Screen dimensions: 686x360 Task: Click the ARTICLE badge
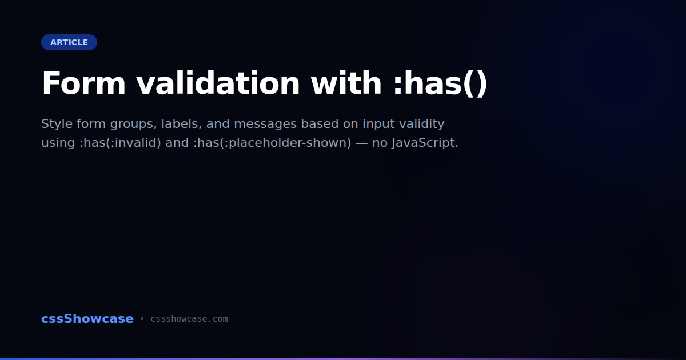pyautogui.click(x=69, y=42)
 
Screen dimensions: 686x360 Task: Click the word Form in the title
pyautogui.click(x=83, y=83)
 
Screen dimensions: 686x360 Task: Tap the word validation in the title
pyautogui.click(x=218, y=83)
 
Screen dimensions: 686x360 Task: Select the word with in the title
pyautogui.click(x=346, y=83)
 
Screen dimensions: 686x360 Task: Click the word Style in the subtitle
pyautogui.click(x=57, y=123)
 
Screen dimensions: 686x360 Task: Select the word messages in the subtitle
pyautogui.click(x=265, y=125)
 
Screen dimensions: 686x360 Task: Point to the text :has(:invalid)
pyautogui.click(x=120, y=143)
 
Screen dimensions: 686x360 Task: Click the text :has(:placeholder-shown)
pyautogui.click(x=272, y=143)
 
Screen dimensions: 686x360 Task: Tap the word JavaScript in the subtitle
pyautogui.click(x=425, y=143)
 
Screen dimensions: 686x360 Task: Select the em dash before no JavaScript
pyautogui.click(x=362, y=143)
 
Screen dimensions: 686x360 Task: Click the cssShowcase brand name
pyautogui.click(x=87, y=319)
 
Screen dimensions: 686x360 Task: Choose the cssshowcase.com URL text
pyautogui.click(x=189, y=319)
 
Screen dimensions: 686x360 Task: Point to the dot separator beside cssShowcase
pyautogui.click(x=142, y=319)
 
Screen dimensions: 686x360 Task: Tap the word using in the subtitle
pyautogui.click(x=58, y=143)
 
